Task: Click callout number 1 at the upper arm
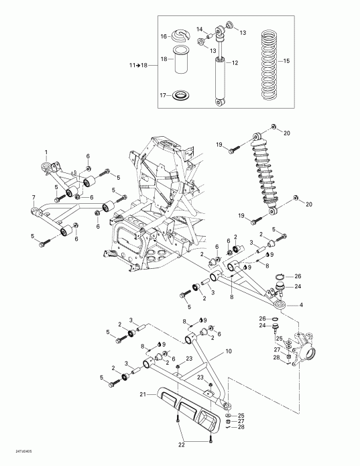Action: [x=46, y=152]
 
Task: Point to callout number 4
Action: [x=300, y=306]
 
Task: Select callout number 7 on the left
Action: [x=33, y=196]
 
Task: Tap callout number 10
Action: [x=228, y=351]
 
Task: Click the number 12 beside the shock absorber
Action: [x=235, y=62]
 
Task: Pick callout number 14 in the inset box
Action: [x=199, y=29]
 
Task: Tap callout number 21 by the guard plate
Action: [x=143, y=396]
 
